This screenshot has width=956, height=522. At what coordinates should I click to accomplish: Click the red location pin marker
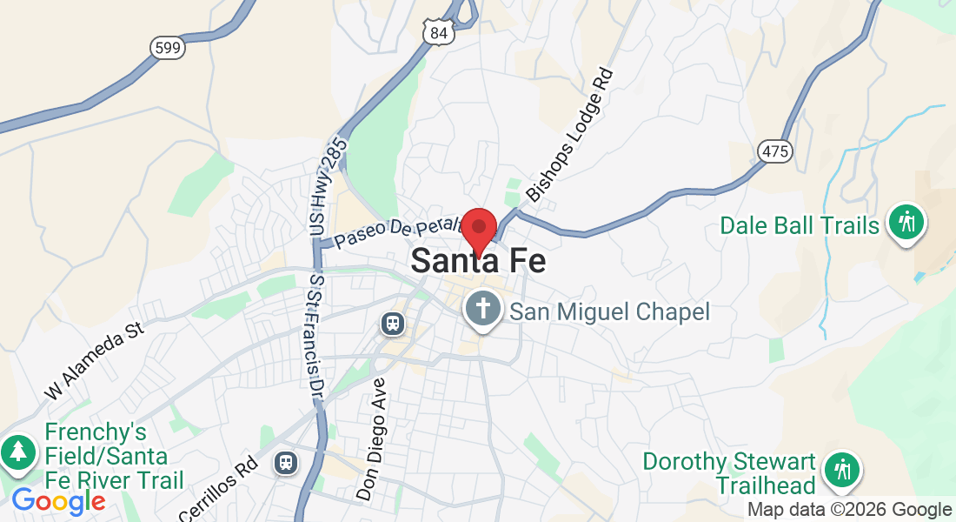[x=478, y=231]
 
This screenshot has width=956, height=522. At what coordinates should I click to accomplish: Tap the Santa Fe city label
[x=478, y=261]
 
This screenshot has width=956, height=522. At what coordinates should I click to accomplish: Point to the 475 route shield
[x=774, y=151]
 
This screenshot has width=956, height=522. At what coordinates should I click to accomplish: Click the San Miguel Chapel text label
[x=609, y=311]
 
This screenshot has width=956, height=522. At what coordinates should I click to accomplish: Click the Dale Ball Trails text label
[x=800, y=226]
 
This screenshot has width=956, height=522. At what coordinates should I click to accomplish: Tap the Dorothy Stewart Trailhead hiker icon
[x=841, y=470]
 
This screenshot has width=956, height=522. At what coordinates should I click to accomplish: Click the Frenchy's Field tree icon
[x=17, y=452]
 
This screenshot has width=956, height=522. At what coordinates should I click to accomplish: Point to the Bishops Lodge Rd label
[x=570, y=136]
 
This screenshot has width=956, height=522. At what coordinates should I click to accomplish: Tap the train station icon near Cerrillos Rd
[x=285, y=462]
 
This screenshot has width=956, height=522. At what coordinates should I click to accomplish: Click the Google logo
[x=58, y=502]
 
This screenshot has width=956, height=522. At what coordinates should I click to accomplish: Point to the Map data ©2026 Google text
[x=850, y=510]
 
